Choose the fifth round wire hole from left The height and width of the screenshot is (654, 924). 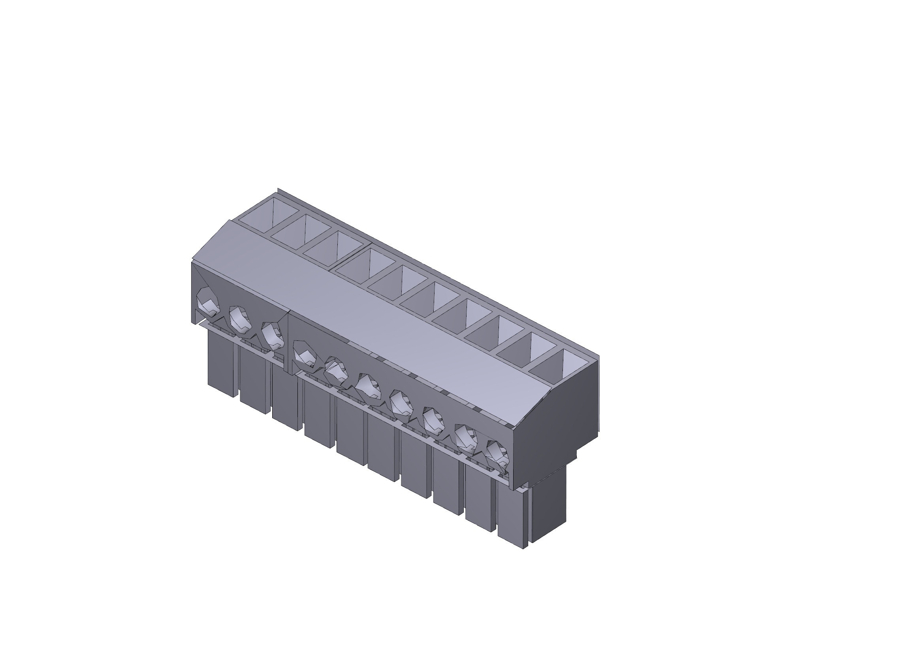click(336, 369)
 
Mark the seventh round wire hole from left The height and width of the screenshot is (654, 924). click(401, 403)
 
